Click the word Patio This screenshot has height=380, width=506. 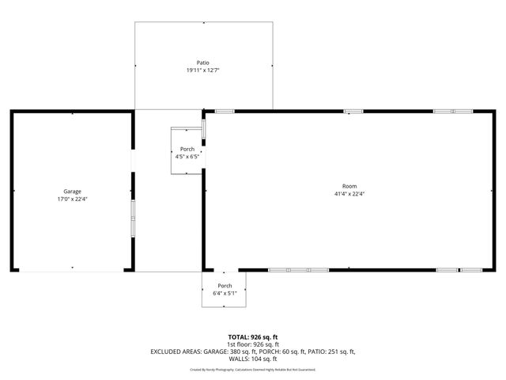click(x=203, y=63)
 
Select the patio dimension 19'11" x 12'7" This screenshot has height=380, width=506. click(x=203, y=70)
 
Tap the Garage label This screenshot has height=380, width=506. click(x=73, y=191)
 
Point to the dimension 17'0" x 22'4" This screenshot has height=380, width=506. click(x=73, y=199)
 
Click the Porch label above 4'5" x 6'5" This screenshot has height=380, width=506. click(x=187, y=150)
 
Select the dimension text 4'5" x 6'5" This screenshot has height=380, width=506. click(x=187, y=157)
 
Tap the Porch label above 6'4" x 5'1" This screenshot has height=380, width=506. click(x=225, y=286)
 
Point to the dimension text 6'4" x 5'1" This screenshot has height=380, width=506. click(x=225, y=293)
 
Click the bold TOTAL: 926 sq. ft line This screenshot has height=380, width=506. click(x=253, y=337)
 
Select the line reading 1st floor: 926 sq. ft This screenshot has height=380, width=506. click(x=253, y=344)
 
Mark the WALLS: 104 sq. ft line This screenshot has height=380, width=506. click(x=253, y=359)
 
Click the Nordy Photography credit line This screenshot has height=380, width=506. click(x=253, y=369)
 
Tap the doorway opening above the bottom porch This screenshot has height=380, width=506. click(x=224, y=270)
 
